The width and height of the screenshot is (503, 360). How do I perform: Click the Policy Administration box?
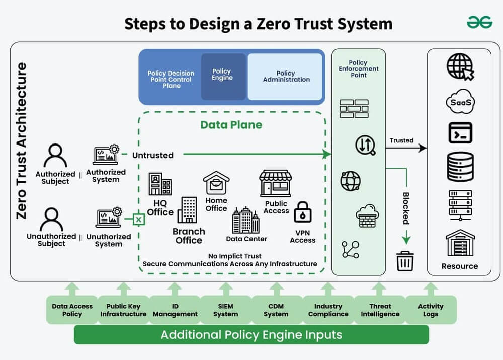click(x=286, y=77)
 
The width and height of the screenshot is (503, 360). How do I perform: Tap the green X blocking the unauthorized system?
click(x=139, y=219)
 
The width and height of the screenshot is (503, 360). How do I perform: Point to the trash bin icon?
click(x=405, y=261)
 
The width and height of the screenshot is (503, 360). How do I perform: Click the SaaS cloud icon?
click(x=460, y=103)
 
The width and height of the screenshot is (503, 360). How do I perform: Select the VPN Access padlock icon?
click(x=303, y=212)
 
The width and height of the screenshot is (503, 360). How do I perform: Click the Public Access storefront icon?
click(x=275, y=183)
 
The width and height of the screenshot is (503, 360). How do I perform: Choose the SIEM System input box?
click(x=225, y=310)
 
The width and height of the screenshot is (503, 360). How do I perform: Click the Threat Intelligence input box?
click(x=380, y=310)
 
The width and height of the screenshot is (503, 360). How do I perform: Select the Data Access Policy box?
click(x=72, y=310)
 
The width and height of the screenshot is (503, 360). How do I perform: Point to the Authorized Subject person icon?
click(x=55, y=155)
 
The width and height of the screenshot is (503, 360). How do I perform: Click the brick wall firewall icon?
click(x=354, y=108)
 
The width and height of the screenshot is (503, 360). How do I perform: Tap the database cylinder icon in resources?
click(x=460, y=167)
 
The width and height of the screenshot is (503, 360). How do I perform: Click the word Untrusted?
click(x=152, y=155)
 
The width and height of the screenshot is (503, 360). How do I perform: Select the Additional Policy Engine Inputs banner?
click(x=251, y=334)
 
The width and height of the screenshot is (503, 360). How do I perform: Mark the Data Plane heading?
click(x=231, y=125)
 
